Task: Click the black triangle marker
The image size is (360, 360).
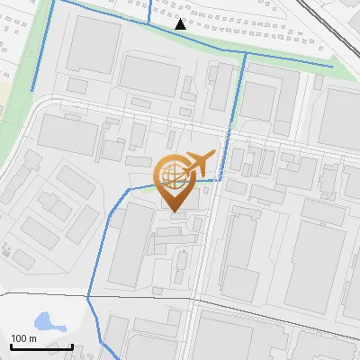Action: click(181, 24)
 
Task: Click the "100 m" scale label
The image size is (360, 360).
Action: click(23, 338)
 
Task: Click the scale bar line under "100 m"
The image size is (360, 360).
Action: click(41, 346)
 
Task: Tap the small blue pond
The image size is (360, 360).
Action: click(43, 320)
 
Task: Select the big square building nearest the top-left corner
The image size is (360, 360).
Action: click(93, 43)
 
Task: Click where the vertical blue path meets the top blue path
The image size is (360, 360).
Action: click(244, 53)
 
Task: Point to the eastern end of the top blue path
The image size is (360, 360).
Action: click(332, 66)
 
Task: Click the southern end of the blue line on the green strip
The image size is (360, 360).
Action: click(33, 90)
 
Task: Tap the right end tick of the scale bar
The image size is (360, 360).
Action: click(73, 346)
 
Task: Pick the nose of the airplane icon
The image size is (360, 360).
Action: click(213, 155)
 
